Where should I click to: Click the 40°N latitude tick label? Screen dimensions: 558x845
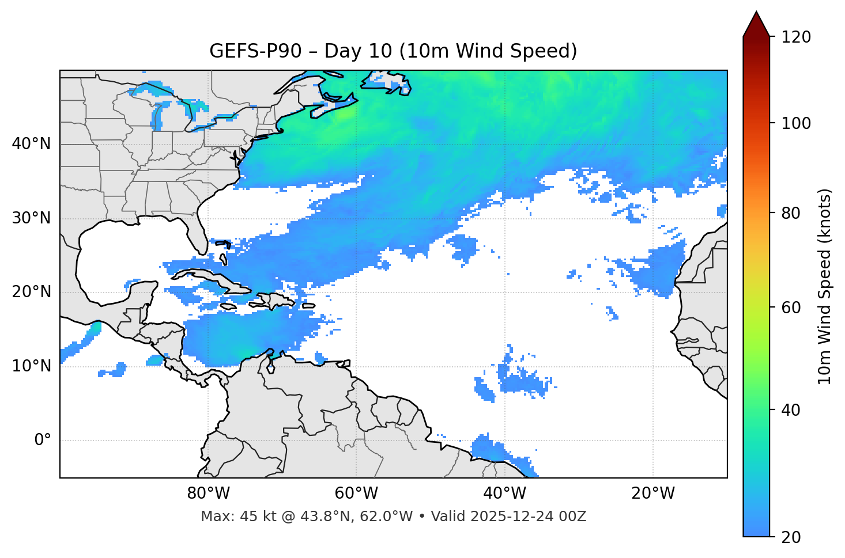pyautogui.click(x=31, y=144)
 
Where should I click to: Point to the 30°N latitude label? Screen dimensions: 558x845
pyautogui.click(x=31, y=218)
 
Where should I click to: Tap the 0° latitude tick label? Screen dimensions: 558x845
pyautogui.click(x=43, y=441)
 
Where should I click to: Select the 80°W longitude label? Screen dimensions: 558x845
pyautogui.click(x=208, y=494)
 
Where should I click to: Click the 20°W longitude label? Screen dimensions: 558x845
pyautogui.click(x=652, y=494)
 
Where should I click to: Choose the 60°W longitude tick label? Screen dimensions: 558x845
pyautogui.click(x=356, y=494)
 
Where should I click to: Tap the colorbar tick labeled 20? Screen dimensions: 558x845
pyautogui.click(x=790, y=537)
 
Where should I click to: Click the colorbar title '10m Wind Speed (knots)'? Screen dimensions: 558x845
pyautogui.click(x=825, y=287)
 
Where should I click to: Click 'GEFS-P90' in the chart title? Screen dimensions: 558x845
pyautogui.click(x=255, y=51)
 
